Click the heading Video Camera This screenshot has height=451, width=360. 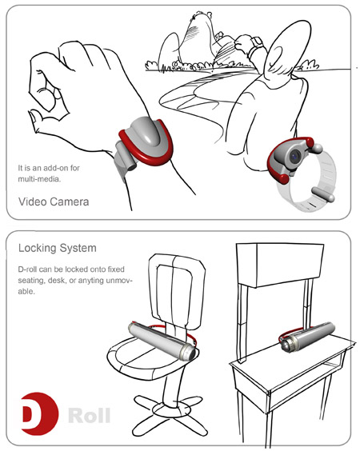tap(54, 202)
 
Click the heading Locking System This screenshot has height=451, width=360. tap(58, 248)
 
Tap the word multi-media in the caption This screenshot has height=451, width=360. tap(39, 179)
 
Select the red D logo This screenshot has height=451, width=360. tap(40, 413)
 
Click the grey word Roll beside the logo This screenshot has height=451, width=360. tap(90, 415)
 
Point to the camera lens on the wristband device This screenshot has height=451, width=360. tap(294, 157)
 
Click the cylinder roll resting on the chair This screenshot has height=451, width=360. tap(162, 341)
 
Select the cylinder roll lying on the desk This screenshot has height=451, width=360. tap(307, 337)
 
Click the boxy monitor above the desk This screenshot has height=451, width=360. tap(279, 265)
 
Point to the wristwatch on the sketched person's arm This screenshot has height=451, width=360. tap(258, 44)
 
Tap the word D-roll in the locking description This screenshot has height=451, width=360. tap(27, 269)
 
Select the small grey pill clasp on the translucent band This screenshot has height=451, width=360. tap(323, 194)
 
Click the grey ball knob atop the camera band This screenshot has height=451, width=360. tap(318, 148)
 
